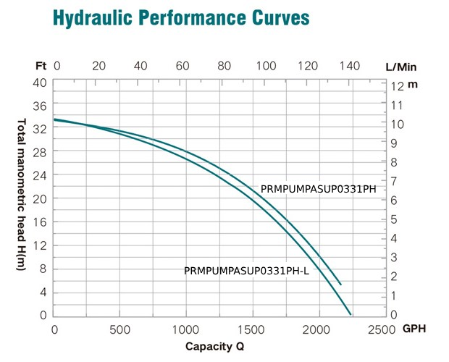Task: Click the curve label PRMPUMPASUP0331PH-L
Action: coord(247,271)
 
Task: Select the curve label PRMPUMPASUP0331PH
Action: coord(319,190)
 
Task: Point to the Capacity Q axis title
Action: coord(215,346)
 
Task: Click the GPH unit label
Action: coord(414,329)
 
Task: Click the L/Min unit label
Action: coord(400,66)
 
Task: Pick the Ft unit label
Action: coord(41,66)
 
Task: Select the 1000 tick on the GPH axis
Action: coord(186,329)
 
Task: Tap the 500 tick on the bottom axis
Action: coord(120,329)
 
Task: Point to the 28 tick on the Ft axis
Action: coord(41,151)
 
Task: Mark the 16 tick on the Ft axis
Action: coord(41,222)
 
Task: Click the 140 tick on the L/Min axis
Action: coord(351,66)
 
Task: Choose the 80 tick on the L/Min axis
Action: coord(224,66)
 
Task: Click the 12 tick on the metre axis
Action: coord(395,85)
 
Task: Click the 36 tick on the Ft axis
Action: coord(41,105)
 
